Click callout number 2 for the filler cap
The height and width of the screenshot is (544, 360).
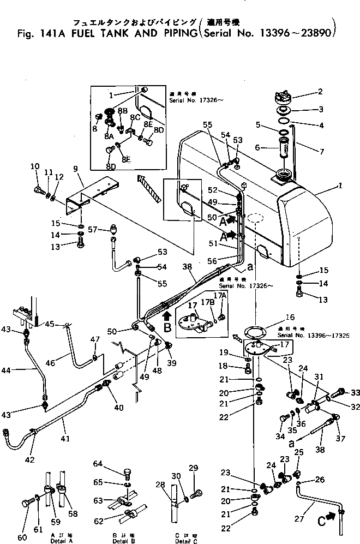(x=320, y=92)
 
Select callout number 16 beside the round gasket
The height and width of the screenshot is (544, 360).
(x=304, y=316)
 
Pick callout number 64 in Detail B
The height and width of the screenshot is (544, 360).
(x=98, y=464)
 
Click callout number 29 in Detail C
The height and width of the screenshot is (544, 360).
(x=193, y=469)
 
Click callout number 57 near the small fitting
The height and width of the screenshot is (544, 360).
(x=92, y=230)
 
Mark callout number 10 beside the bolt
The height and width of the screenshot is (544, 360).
(x=35, y=167)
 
